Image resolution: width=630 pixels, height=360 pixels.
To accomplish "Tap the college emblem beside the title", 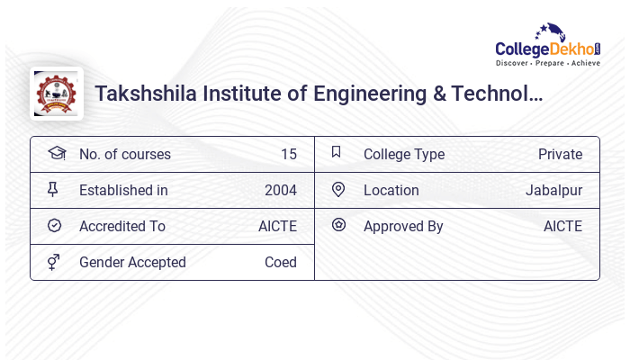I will (x=56, y=94).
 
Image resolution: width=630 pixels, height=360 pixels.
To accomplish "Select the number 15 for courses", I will (x=288, y=154).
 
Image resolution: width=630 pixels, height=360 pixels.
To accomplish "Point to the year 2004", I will (x=280, y=190).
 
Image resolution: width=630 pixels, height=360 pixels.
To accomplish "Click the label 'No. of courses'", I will (x=124, y=154).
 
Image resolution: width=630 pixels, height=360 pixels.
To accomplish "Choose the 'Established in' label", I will (x=123, y=190).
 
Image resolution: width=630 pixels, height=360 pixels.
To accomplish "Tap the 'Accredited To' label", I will (x=122, y=226).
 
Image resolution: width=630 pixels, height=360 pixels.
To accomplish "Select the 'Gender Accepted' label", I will (x=132, y=262).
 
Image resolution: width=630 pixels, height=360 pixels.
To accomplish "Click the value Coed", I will (x=280, y=262).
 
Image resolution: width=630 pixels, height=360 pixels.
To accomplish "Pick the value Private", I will (x=560, y=154).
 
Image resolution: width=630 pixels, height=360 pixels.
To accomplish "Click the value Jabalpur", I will (x=553, y=190).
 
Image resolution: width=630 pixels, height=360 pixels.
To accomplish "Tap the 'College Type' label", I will (x=403, y=154).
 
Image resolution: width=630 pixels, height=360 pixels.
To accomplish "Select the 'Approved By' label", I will (x=403, y=226).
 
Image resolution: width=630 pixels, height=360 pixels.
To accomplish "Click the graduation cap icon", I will (x=56, y=153).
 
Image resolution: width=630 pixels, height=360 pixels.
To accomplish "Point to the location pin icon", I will (x=338, y=189).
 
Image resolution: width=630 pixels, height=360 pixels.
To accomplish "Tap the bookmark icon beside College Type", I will (x=337, y=152).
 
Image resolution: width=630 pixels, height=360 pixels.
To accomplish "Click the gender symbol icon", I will (x=54, y=262).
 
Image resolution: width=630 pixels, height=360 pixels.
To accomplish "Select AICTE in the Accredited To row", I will (x=277, y=226).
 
